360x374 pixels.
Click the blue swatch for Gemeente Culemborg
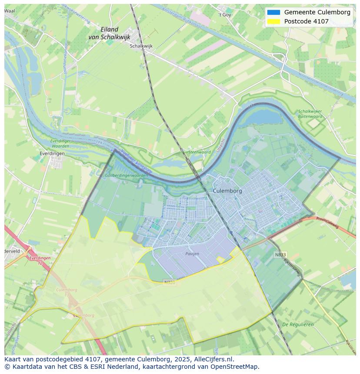tap(273, 12)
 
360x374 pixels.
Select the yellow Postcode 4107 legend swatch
tap(273, 21)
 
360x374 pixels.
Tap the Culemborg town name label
tap(227, 191)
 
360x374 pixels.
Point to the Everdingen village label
tap(52, 153)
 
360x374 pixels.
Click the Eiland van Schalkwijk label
tap(109, 33)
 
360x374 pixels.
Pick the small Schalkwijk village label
tap(141, 46)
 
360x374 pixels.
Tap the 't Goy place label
tap(225, 15)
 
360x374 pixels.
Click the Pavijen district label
tap(192, 254)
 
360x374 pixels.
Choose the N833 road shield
tap(280, 255)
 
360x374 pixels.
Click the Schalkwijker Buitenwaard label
tap(310, 114)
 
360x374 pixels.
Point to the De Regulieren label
tap(298, 324)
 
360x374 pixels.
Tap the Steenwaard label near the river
tap(199, 152)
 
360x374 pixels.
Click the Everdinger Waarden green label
tap(60, 143)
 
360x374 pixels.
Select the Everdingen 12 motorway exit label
tap(40, 260)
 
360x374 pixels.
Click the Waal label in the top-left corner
tap(9, 10)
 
